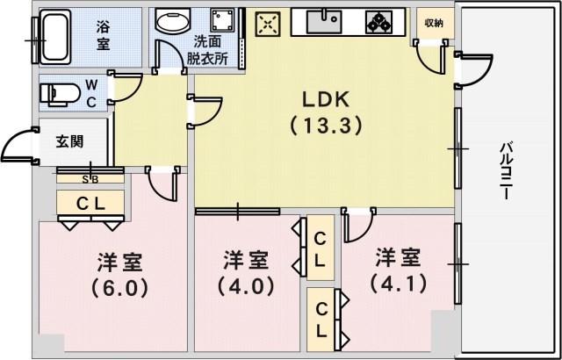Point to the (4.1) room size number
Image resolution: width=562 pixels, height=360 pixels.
pyautogui.click(x=398, y=284)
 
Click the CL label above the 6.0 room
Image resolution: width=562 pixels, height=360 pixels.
pyautogui.click(x=90, y=203)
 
